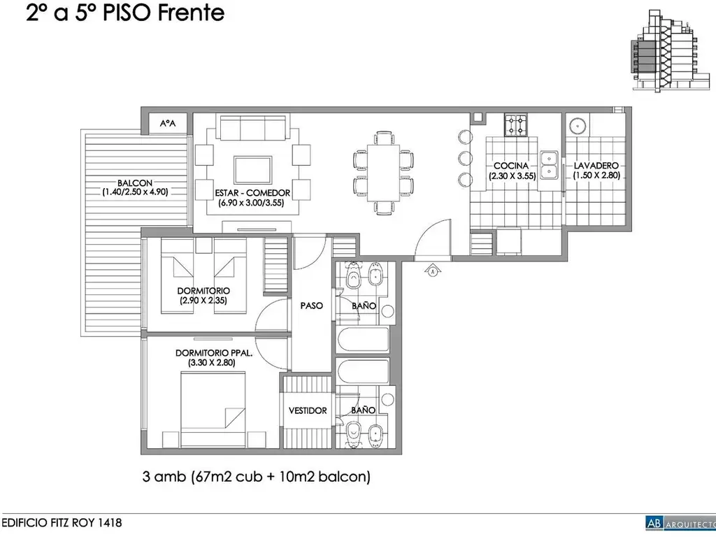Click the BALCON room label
(x=135, y=183)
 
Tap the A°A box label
(x=168, y=123)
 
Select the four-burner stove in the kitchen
(x=515, y=124)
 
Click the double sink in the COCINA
(x=548, y=164)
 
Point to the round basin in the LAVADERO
(x=578, y=124)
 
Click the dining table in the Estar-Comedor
(x=383, y=173)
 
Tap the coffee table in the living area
(x=253, y=170)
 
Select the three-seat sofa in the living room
(x=253, y=127)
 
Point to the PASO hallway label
(x=311, y=306)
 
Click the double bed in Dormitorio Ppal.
(x=214, y=408)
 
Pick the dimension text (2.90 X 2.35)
(x=203, y=301)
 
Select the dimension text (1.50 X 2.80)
(x=596, y=176)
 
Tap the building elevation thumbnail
(x=671, y=51)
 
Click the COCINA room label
(x=511, y=166)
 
